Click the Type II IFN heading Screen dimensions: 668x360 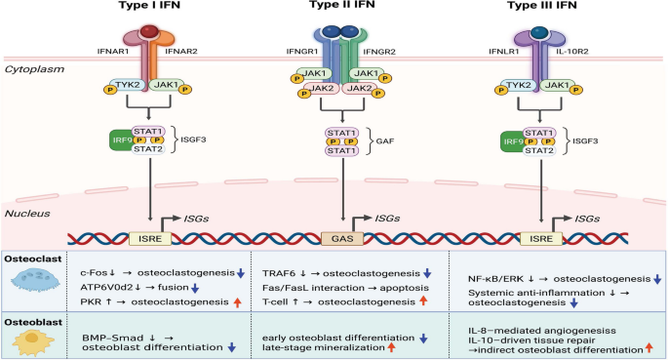point(342,5)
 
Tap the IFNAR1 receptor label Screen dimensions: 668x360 point(112,52)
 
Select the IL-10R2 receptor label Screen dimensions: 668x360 point(572,52)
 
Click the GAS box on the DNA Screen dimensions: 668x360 point(342,239)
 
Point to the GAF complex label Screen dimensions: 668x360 point(384,141)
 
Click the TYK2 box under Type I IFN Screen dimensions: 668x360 point(128,85)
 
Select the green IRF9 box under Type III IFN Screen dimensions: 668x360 point(513,141)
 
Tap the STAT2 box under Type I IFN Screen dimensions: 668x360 point(148,149)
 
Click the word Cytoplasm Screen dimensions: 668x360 point(34,69)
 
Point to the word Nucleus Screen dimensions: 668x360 point(27,214)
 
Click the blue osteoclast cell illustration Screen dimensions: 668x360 point(35,279)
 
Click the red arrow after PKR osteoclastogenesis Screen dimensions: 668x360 point(237,302)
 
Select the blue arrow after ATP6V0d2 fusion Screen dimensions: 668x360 point(195,289)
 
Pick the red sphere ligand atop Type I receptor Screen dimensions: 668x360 point(149,31)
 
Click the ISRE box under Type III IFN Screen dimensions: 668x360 point(541,239)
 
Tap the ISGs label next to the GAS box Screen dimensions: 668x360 point(387,219)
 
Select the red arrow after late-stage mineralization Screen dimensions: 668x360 point(391,347)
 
